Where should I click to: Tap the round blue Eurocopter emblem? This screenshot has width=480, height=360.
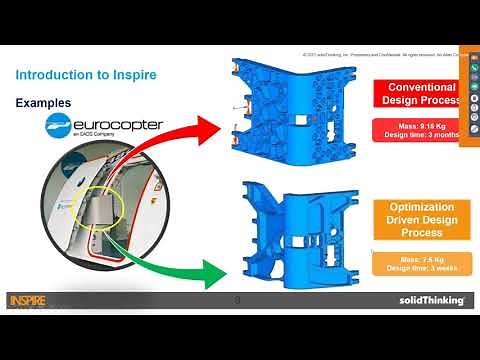tap(62, 125)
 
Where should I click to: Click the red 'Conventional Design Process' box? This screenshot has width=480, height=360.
tap(420, 95)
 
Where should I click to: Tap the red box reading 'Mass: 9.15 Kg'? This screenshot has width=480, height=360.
tap(420, 129)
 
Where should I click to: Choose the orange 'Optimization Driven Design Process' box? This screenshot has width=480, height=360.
tap(421, 220)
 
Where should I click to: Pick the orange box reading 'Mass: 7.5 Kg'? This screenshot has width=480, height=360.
tap(421, 262)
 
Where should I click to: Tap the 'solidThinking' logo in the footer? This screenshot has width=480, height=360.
tap(425, 300)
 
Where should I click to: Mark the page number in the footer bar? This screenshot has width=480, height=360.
tap(237, 300)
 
